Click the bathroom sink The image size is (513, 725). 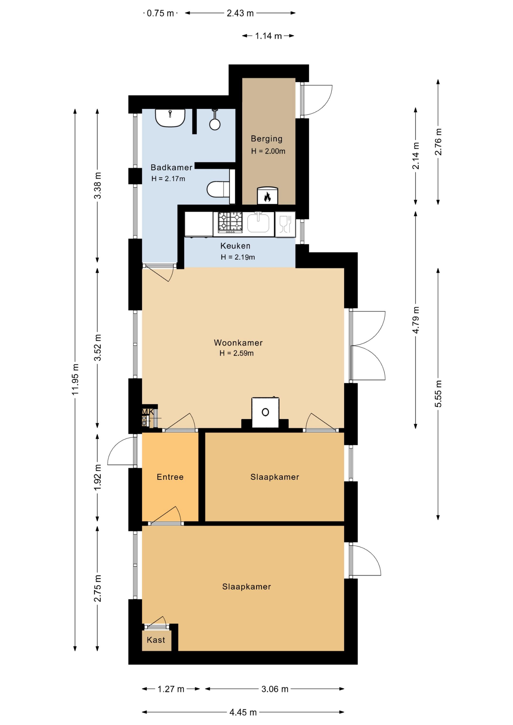tap(170, 118)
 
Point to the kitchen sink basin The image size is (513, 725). tap(258, 222)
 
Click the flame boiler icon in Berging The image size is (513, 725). tap(267, 196)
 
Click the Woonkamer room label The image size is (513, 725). tap(238, 343)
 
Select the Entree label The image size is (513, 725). tap(170, 477)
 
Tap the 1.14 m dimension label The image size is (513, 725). tap(268, 36)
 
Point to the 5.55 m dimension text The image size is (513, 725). tap(438, 394)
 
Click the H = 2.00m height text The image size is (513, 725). tap(268, 151)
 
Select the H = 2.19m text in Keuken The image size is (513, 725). tap(238, 257)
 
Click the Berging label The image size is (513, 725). tap(266, 139)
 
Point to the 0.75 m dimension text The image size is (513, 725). tap(160, 13)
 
